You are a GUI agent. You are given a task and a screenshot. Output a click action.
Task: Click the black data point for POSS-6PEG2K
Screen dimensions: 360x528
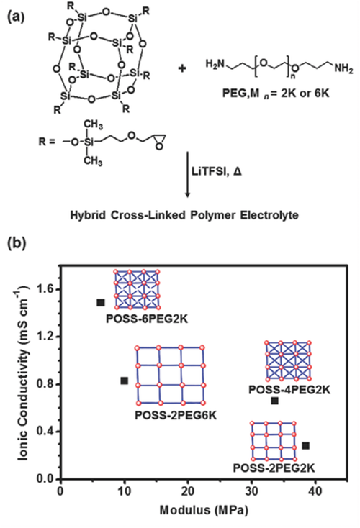coord(101,302)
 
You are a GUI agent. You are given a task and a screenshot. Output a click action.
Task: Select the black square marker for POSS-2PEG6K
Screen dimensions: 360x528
coord(125,381)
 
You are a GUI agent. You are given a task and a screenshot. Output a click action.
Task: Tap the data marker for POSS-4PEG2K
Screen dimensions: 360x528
coord(275,401)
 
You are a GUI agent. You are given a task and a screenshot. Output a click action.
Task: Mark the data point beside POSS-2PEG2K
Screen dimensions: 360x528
coord(306,445)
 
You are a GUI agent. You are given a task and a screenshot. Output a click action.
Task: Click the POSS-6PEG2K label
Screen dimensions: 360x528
coord(147,319)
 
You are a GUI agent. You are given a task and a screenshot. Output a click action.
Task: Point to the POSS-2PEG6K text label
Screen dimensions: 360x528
coord(176,415)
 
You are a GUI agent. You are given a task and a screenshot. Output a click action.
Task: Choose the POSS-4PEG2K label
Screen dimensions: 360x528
coord(289,390)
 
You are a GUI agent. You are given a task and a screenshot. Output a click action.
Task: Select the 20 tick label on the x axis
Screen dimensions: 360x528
coord(188,491)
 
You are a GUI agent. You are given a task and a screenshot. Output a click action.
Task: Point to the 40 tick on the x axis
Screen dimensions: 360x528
coord(315,491)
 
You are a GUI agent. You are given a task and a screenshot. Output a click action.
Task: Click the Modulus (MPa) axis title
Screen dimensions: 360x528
coord(204,510)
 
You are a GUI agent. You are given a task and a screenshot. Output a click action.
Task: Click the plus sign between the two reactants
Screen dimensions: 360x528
coord(182,68)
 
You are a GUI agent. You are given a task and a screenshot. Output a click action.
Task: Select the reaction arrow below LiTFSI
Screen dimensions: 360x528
coord(188,174)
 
